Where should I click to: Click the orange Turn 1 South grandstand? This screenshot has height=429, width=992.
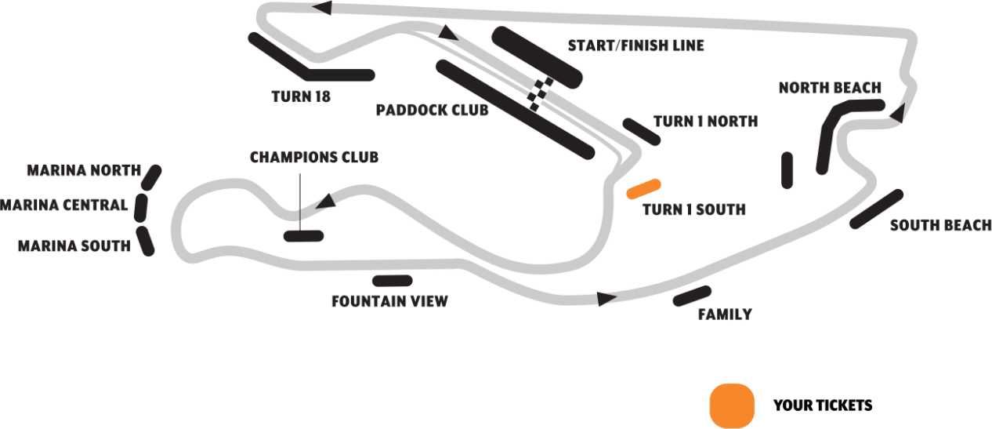(644, 188)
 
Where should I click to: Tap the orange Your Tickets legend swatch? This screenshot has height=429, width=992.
(731, 405)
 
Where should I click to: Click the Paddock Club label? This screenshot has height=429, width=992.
(432, 110)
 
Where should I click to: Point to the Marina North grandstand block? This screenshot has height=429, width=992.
(150, 178)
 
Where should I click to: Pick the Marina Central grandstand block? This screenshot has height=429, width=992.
(141, 207)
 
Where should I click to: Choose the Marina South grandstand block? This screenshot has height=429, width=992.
(145, 241)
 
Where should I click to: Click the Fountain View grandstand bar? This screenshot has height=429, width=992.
(393, 281)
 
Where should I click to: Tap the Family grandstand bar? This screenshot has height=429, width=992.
(691, 296)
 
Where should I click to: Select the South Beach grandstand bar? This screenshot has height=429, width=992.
(877, 209)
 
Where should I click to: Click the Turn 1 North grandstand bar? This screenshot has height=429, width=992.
(641, 131)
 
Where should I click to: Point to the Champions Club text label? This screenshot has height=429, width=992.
(313, 158)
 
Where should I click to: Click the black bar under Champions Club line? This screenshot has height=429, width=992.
(303, 235)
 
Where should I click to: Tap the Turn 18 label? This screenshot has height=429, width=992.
(301, 97)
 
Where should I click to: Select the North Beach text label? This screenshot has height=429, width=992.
(830, 88)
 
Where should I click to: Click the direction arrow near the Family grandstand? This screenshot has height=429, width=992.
(605, 299)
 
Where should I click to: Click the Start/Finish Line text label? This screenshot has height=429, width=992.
(635, 45)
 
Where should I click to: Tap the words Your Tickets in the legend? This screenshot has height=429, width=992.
(822, 405)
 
